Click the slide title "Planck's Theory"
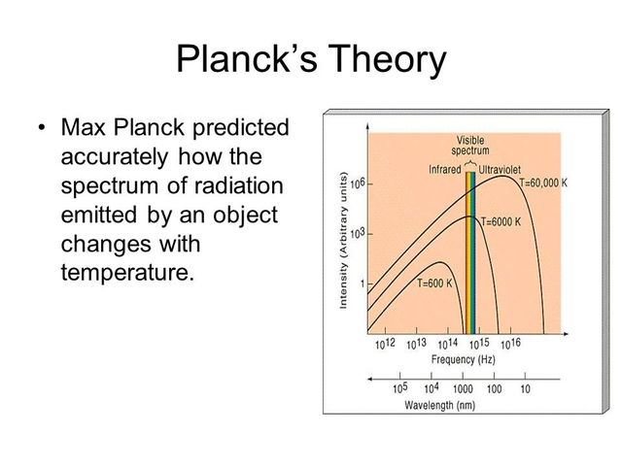coord(311,60)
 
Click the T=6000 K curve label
coord(507,221)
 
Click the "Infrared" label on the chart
coord(445,170)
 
